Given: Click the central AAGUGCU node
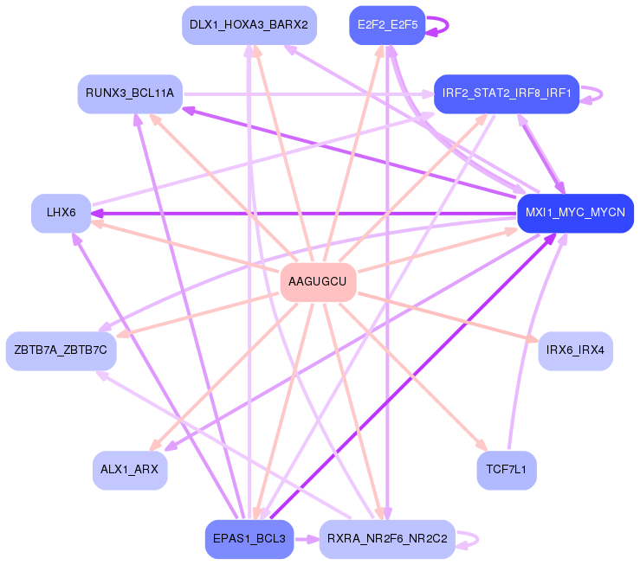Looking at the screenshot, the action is pyautogui.click(x=318, y=282).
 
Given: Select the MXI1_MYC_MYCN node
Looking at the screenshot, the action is pyautogui.click(x=575, y=213).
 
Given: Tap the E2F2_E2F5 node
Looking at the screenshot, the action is pyautogui.click(x=387, y=25).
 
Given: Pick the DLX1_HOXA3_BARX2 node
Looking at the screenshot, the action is pyautogui.click(x=249, y=25).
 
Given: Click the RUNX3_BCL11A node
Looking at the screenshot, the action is pyautogui.click(x=130, y=93).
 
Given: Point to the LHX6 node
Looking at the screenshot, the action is pyautogui.click(x=61, y=213).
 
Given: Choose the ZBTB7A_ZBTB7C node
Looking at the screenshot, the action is pyautogui.click(x=61, y=350).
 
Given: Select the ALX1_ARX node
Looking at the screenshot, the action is pyautogui.click(x=130, y=470).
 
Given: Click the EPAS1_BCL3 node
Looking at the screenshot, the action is pyautogui.click(x=249, y=539).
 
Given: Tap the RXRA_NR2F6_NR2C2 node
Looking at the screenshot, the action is pyautogui.click(x=386, y=539).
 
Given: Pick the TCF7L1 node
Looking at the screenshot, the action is pyautogui.click(x=507, y=470).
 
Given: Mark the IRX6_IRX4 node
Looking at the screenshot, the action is pyautogui.click(x=576, y=350).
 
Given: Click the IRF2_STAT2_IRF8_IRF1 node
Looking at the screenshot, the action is pyautogui.click(x=507, y=93).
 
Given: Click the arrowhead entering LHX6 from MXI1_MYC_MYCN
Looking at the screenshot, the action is pyautogui.click(x=97, y=213).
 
